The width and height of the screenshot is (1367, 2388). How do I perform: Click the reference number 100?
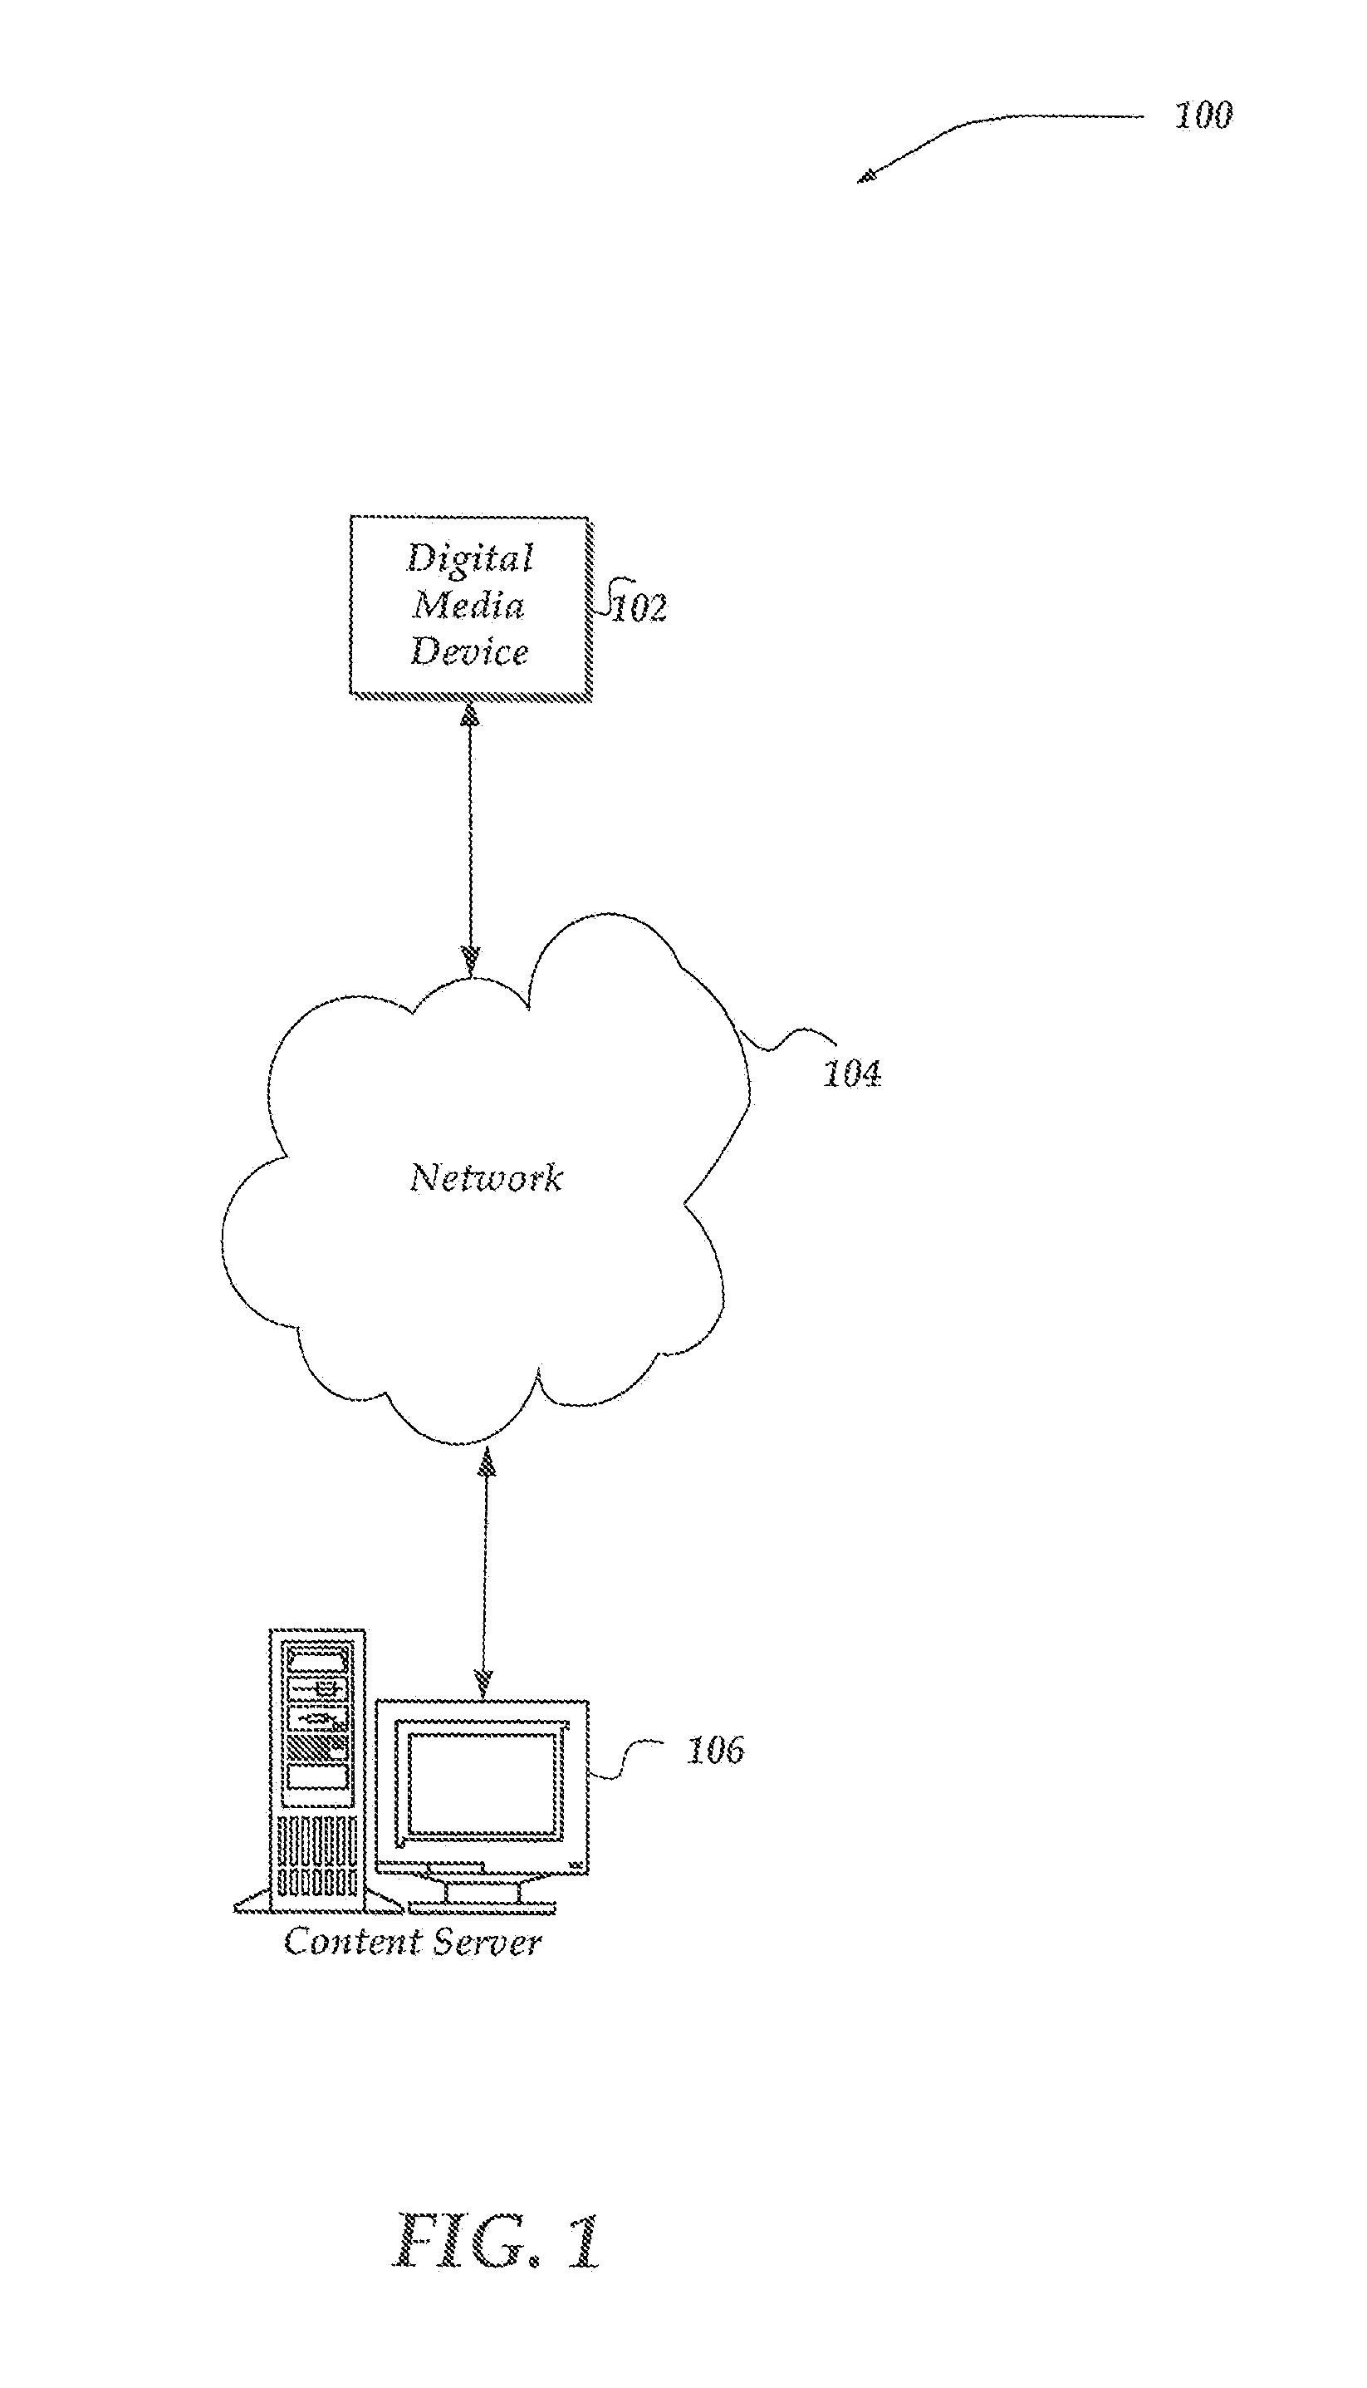(x=1203, y=115)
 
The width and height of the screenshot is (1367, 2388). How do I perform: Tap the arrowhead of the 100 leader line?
(x=866, y=175)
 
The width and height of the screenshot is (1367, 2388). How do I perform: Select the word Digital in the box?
(x=469, y=558)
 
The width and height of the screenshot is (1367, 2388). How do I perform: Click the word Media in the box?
(x=468, y=605)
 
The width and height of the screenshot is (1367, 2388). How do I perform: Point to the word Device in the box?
(x=469, y=651)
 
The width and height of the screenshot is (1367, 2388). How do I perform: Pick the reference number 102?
(x=639, y=607)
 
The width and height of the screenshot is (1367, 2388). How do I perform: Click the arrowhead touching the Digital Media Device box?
(x=469, y=714)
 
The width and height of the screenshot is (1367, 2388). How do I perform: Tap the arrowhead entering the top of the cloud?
(x=470, y=960)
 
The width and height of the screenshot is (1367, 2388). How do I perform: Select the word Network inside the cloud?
(x=487, y=1177)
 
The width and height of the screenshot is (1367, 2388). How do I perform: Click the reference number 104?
(x=851, y=1074)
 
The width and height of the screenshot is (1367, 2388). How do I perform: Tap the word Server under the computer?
(x=488, y=1942)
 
